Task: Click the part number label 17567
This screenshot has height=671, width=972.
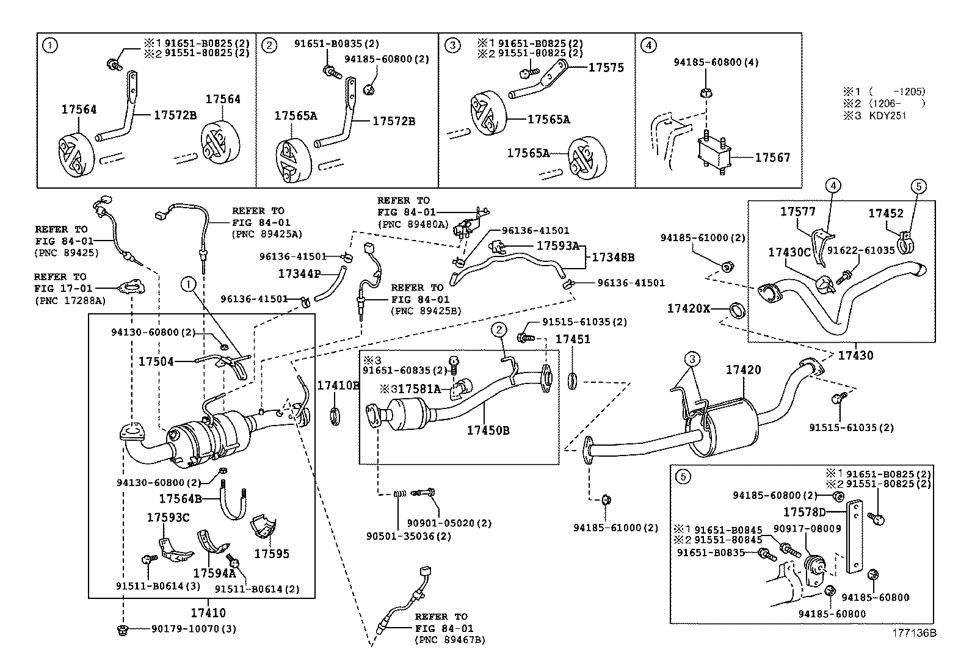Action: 772,158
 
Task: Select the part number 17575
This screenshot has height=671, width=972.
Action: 606,68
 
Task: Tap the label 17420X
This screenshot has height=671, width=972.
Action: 688,309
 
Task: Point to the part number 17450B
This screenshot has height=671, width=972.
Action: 488,430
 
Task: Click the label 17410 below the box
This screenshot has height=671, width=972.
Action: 208,612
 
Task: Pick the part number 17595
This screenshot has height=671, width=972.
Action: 272,554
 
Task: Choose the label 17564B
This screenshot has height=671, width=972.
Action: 180,499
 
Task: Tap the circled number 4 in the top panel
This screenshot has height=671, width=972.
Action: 649,45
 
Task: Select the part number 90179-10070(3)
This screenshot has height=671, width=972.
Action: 194,629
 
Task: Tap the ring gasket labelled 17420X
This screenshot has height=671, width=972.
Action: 738,311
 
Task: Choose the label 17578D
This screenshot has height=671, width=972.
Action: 804,512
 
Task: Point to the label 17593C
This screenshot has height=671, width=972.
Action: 168,518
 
